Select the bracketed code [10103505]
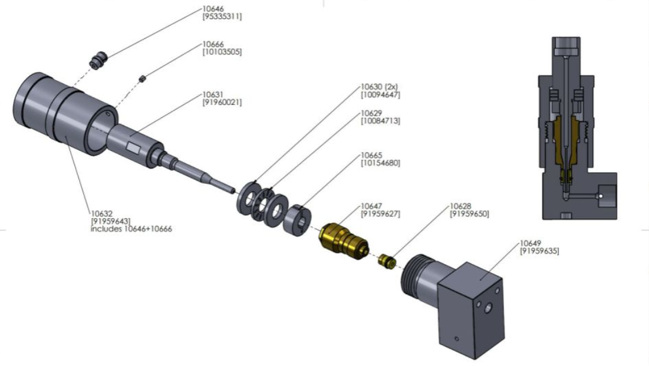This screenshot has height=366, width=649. point(222,52)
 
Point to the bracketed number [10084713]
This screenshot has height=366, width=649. point(381,121)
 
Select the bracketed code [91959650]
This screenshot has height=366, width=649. point(469,214)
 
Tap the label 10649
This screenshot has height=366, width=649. point(530,243)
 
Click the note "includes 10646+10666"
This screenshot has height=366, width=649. point(131,229)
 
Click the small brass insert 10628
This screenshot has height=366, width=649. point(387,260)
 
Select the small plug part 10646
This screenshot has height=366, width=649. point(97,60)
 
